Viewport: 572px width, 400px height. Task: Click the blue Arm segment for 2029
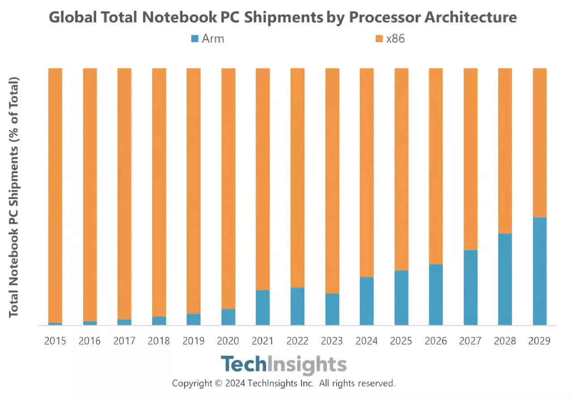coord(539,271)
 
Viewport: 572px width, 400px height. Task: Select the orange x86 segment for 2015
coord(55,195)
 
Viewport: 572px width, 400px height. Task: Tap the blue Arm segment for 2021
coord(263,308)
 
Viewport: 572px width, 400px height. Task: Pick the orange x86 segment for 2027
coord(470,159)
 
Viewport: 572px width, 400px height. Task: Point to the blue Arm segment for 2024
coord(367,301)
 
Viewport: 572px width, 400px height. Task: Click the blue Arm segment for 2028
coord(505,279)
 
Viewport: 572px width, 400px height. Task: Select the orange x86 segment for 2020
coord(228,188)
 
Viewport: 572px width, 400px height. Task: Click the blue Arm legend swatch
coord(195,39)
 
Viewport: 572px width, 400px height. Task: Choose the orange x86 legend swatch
coord(379,39)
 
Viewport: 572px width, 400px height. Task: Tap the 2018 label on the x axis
coord(159,341)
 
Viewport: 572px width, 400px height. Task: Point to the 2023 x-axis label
coord(332,341)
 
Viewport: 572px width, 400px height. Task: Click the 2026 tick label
coord(436,341)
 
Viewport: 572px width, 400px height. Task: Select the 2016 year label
coord(90,341)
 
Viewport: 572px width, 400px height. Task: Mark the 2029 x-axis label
coord(539,341)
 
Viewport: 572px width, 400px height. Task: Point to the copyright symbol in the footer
coord(218,383)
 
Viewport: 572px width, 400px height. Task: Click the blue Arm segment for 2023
coord(332,309)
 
